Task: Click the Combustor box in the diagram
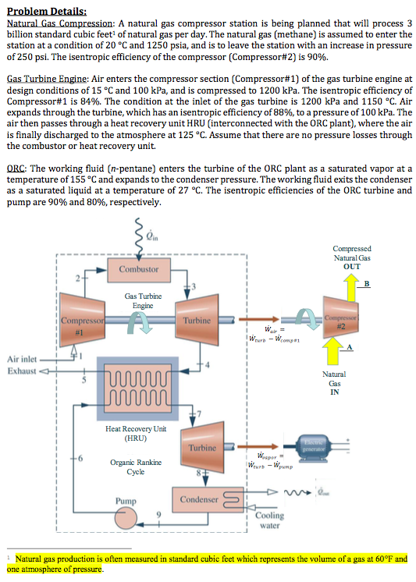pyautogui.click(x=138, y=269)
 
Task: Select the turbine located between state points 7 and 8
pyautogui.click(x=202, y=448)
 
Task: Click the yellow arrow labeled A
pyautogui.click(x=336, y=355)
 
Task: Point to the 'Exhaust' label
pyautogui.click(x=22, y=371)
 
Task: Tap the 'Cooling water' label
pyautogui.click(x=269, y=520)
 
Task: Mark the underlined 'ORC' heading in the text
pyautogui.click(x=15, y=167)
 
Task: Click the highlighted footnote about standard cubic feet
pyautogui.click(x=208, y=563)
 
